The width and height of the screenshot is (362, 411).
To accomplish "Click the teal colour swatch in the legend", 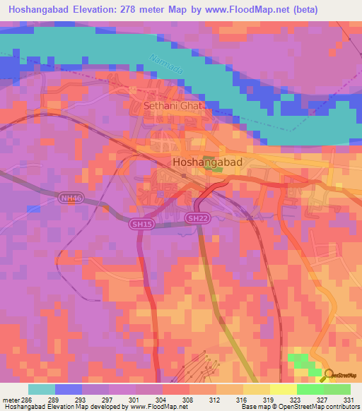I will (x=41, y=389).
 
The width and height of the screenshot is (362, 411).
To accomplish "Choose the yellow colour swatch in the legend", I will (x=283, y=389).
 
